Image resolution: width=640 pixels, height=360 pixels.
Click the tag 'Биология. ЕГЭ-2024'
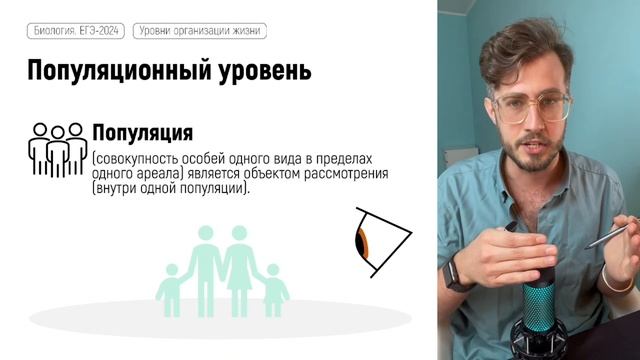coord(75,32)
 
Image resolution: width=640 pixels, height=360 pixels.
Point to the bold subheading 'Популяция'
coord(142,133)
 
